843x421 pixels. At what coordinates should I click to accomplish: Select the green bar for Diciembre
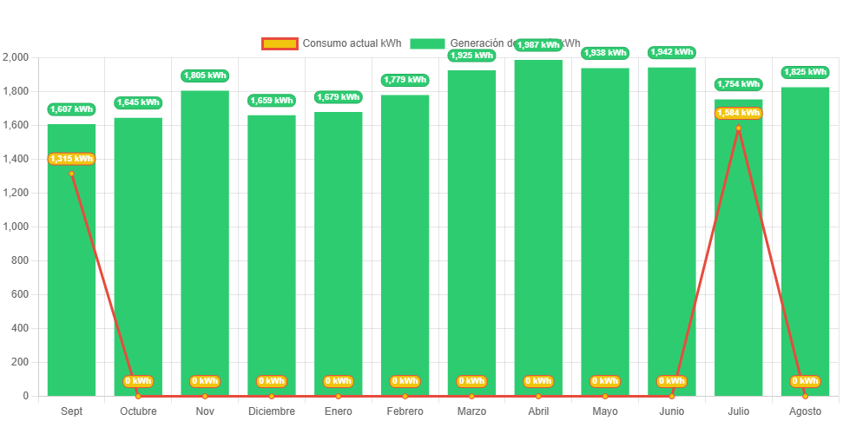coord(272,255)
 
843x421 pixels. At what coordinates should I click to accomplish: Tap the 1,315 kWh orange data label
coord(71,159)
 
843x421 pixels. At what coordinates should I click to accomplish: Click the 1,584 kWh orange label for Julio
coord(738,113)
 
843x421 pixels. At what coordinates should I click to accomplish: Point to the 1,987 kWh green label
coord(538,45)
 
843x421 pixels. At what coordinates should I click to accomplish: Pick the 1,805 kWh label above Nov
coord(205,76)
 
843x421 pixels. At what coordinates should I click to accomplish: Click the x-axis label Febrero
coord(405,411)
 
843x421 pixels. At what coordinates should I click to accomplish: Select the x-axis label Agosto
coord(805,411)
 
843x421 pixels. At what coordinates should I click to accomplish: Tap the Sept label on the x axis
coord(71,411)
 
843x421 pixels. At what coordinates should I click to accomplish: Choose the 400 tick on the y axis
coord(19,328)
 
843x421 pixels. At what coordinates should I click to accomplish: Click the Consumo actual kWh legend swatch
coord(280,43)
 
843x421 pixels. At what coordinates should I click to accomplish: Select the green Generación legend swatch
coord(427,43)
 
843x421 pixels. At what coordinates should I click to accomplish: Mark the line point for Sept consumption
coord(71,174)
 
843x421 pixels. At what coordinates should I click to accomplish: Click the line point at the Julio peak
coord(738,128)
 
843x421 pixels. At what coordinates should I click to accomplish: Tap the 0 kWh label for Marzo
coord(471,381)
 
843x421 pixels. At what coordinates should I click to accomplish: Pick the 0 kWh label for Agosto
coord(805,381)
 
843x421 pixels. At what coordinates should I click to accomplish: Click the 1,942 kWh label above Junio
coord(671,52)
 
